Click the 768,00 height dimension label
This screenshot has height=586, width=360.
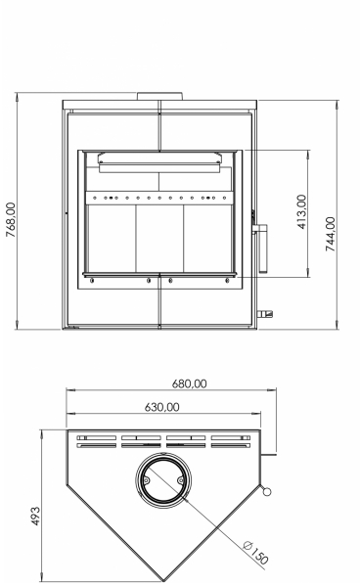point(11,220)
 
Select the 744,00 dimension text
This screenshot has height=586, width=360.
point(331,234)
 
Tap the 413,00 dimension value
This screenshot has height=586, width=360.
point(301,211)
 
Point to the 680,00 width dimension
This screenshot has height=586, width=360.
point(189,383)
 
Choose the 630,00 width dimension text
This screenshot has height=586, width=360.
point(161,407)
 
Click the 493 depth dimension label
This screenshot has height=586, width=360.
point(35,517)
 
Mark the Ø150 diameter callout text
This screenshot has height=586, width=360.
point(255,553)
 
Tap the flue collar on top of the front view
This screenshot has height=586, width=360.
point(160,97)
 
